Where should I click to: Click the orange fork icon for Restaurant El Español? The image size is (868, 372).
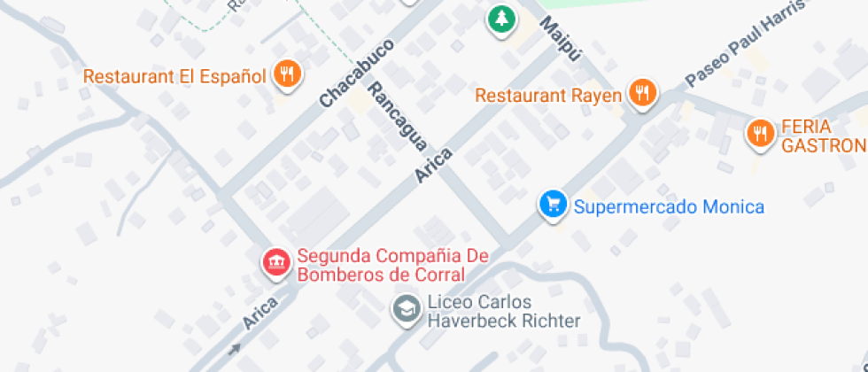pyautogui.click(x=286, y=74)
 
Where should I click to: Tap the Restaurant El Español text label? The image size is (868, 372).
pyautogui.click(x=174, y=75)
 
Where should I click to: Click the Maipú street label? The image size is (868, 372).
pyautogui.click(x=562, y=40)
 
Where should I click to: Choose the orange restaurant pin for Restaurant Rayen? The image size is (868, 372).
pyautogui.click(x=643, y=92)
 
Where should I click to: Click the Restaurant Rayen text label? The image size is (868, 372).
pyautogui.click(x=548, y=95)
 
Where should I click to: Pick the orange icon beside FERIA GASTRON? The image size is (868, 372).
pyautogui.click(x=759, y=133)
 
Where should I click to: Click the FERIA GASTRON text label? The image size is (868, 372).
pyautogui.click(x=822, y=136)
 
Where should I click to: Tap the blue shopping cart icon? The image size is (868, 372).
pyautogui.click(x=554, y=205)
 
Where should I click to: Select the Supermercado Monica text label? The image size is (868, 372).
pyautogui.click(x=669, y=207)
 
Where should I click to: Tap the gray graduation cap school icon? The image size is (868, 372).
pyautogui.click(x=407, y=309)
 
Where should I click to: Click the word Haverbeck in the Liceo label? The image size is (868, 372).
pyautogui.click(x=469, y=321)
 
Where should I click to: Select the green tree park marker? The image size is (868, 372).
pyautogui.click(x=501, y=18)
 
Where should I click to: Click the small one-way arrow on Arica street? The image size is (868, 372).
pyautogui.click(x=234, y=349)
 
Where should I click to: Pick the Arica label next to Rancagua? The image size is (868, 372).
pyautogui.click(x=434, y=166)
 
